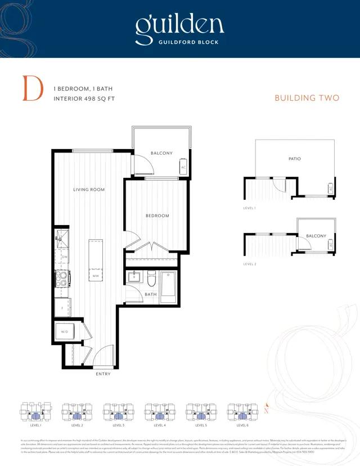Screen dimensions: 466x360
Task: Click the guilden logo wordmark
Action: pos(179,25)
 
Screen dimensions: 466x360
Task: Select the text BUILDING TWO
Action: pos(307,98)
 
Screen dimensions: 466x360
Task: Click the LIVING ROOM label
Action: pos(89,190)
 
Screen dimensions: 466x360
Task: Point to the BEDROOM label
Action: pos(157,216)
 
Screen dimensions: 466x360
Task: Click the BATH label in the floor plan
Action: pos(151,294)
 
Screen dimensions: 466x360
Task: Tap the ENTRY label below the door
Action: pos(103,374)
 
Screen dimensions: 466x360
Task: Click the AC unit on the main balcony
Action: pos(183,167)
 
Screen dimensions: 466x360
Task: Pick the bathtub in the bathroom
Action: pos(169,284)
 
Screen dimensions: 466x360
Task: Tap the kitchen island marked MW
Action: pos(96,261)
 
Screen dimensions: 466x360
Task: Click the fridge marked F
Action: pos(61,307)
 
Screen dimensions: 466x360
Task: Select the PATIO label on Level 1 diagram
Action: pos(294,159)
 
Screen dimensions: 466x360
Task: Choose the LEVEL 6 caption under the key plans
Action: pos(242,425)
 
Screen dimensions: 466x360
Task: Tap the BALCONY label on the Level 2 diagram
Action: pos(316,236)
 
